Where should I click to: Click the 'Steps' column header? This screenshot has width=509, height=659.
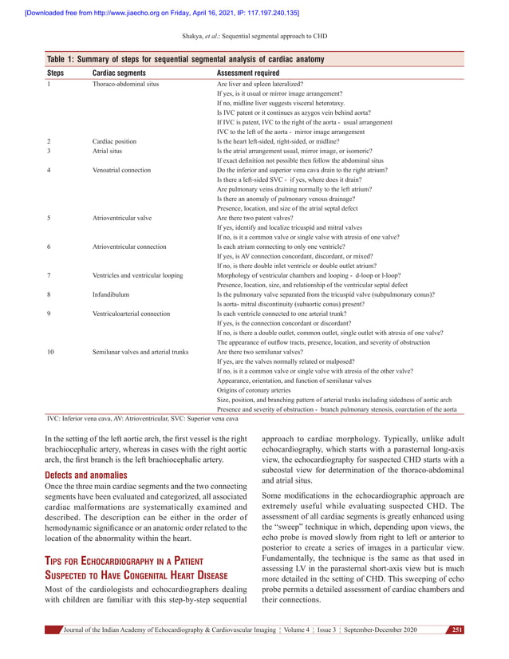(x=56, y=72)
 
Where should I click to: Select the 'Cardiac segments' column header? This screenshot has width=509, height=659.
(x=119, y=72)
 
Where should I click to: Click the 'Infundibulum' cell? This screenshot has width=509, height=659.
(x=111, y=294)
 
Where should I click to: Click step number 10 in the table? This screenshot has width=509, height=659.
(x=51, y=352)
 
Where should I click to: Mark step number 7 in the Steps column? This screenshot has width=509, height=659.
(x=49, y=275)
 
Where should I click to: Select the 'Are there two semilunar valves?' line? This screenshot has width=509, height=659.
(x=260, y=352)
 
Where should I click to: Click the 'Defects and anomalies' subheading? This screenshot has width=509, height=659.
(x=85, y=475)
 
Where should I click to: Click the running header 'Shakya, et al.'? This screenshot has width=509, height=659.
(x=254, y=37)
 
